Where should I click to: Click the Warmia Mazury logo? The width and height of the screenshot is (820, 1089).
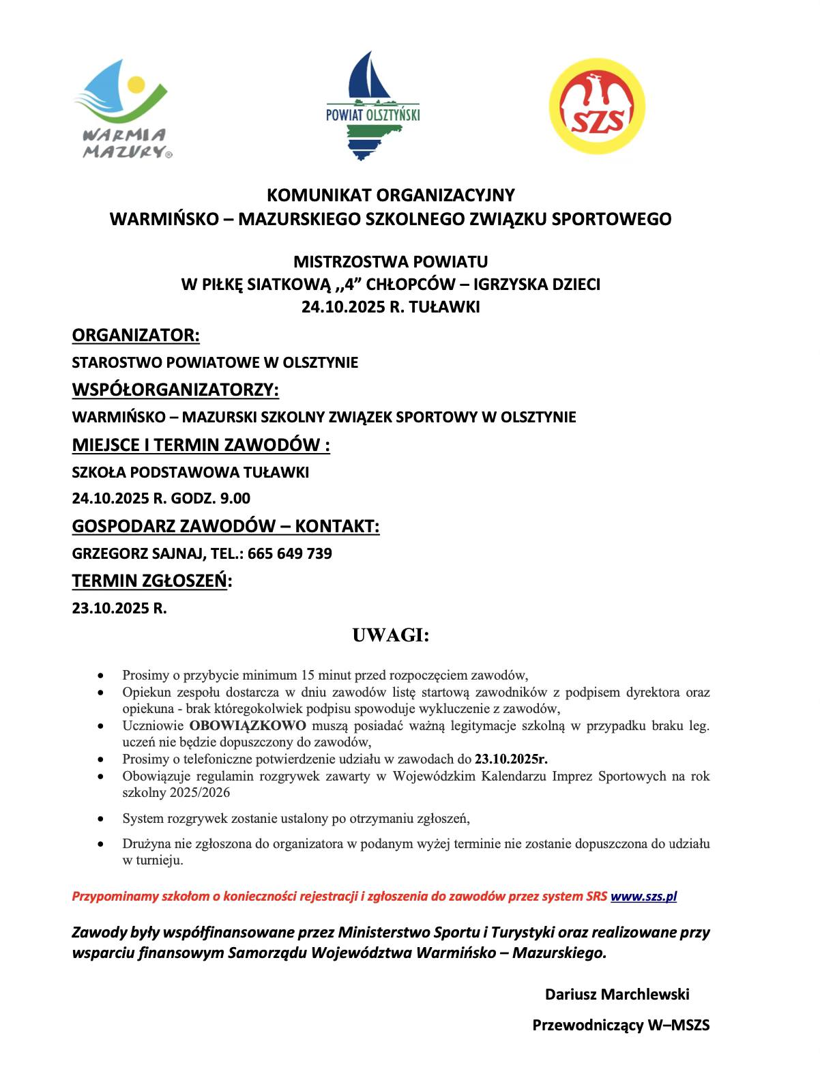(x=122, y=109)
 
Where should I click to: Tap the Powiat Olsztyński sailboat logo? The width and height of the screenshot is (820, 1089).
(x=372, y=106)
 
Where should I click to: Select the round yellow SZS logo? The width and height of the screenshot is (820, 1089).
(x=596, y=106)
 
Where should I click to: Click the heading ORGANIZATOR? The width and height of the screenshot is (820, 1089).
(x=136, y=336)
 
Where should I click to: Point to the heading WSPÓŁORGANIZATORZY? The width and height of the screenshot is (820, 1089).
(x=175, y=390)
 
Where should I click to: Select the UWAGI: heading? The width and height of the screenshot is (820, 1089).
(x=390, y=636)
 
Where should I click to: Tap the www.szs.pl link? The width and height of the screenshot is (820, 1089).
(x=643, y=897)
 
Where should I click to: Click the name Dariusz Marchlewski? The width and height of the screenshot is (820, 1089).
(x=617, y=994)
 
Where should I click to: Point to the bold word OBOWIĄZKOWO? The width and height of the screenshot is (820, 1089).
(x=248, y=725)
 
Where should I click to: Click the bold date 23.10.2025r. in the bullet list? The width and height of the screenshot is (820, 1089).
(x=512, y=759)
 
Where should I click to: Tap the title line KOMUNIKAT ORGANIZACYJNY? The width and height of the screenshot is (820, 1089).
(x=390, y=196)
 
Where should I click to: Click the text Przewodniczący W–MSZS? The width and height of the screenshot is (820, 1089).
(x=621, y=1025)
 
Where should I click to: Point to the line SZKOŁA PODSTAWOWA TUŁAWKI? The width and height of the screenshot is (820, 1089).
(x=190, y=472)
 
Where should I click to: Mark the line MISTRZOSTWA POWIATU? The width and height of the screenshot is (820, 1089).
(x=390, y=261)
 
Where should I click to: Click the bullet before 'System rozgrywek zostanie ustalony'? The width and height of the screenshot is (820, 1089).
(x=101, y=818)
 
